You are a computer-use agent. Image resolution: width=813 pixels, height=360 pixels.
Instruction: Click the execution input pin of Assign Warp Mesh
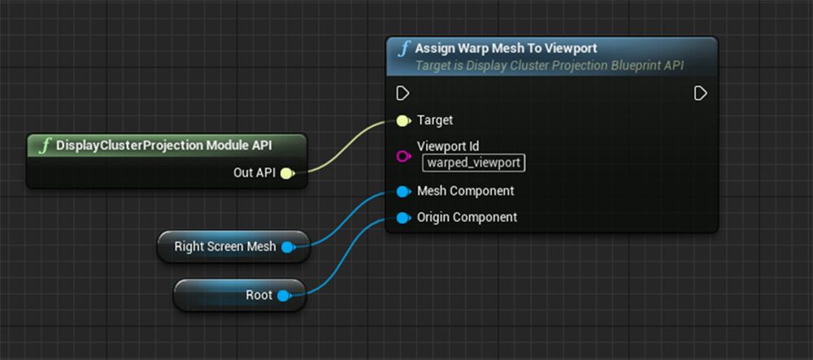(x=402, y=93)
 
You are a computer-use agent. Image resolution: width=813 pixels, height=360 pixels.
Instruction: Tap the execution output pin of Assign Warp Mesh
(x=700, y=93)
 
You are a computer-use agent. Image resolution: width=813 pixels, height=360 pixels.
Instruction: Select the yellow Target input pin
(x=402, y=121)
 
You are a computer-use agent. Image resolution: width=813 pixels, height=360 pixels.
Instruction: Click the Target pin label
(x=435, y=120)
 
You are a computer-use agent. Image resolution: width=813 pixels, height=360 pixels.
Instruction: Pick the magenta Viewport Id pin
(x=402, y=156)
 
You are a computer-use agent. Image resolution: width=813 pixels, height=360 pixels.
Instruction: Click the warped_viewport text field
(x=474, y=163)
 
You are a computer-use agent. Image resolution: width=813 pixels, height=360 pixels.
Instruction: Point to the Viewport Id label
(x=448, y=147)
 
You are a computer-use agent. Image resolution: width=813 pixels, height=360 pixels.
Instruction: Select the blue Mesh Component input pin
(x=402, y=192)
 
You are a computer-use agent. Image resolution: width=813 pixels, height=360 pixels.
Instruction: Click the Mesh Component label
(x=465, y=191)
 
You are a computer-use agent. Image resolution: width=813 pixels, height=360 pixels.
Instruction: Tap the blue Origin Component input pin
(x=402, y=218)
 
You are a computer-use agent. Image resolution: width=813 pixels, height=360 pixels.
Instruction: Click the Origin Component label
(x=467, y=217)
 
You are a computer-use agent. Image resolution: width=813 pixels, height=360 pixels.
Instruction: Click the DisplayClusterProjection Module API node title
(x=163, y=145)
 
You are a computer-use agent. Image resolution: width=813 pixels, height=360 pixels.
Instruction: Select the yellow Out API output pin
(x=286, y=172)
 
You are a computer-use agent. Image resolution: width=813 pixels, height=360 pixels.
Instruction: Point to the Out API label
(x=254, y=172)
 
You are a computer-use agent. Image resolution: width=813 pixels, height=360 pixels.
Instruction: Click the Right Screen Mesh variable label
(x=225, y=246)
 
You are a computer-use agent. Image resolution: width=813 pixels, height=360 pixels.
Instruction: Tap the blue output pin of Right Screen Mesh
(x=287, y=247)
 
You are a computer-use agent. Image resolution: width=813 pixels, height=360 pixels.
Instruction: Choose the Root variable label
(x=259, y=295)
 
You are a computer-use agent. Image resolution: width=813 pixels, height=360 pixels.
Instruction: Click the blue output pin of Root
(x=283, y=296)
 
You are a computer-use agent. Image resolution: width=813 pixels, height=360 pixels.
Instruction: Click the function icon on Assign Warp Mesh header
(x=403, y=49)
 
